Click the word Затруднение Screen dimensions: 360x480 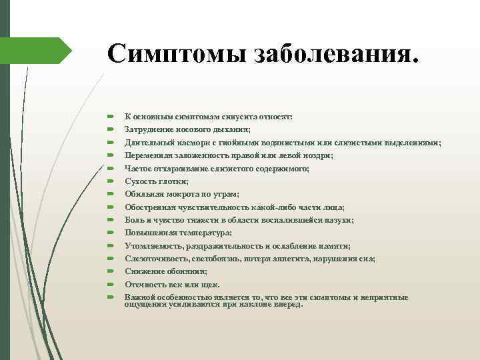coord(150,130)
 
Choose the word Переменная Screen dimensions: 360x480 coord(149,155)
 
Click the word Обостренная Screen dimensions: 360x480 coord(151,207)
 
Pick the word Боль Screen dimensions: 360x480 coord(133,220)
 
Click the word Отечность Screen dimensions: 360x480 coord(144,284)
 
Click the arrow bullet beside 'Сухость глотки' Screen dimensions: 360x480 coord(111,181)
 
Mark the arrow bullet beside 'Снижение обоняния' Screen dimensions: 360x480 coord(111,271)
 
